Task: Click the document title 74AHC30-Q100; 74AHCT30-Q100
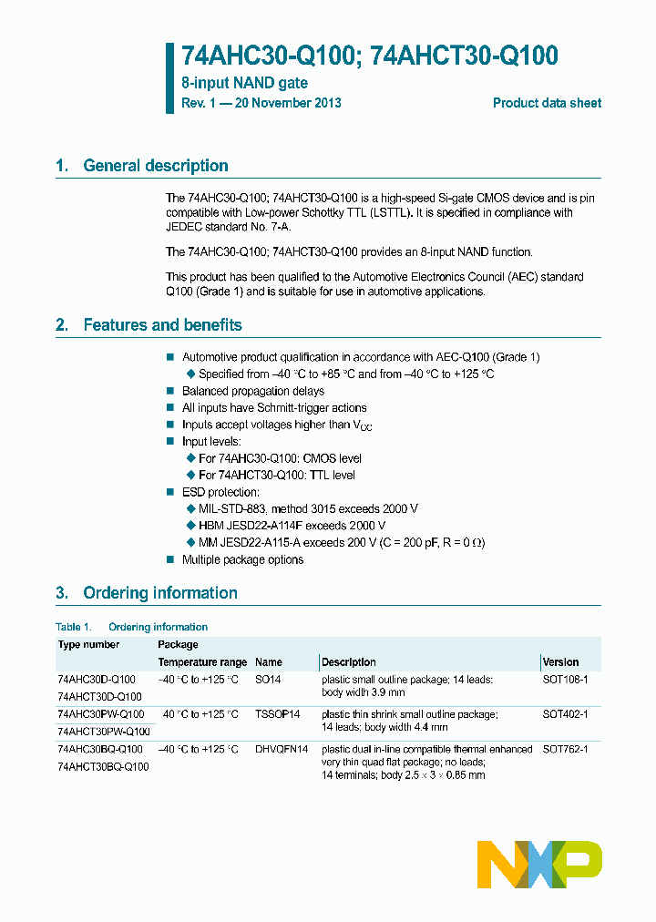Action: click(369, 56)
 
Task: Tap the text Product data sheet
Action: click(547, 103)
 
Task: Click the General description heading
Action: click(155, 166)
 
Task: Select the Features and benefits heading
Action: click(162, 325)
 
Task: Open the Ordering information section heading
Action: click(159, 593)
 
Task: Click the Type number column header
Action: click(88, 644)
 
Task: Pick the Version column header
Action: click(560, 662)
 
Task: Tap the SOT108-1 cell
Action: click(565, 680)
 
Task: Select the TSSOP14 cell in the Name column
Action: click(277, 714)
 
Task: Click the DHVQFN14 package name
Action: click(282, 749)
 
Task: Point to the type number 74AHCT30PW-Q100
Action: click(103, 732)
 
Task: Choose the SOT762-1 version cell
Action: click(565, 749)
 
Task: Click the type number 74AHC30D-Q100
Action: click(96, 680)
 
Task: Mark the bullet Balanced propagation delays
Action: click(252, 391)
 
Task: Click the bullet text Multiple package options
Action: click(242, 559)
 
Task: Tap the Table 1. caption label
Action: click(74, 627)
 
